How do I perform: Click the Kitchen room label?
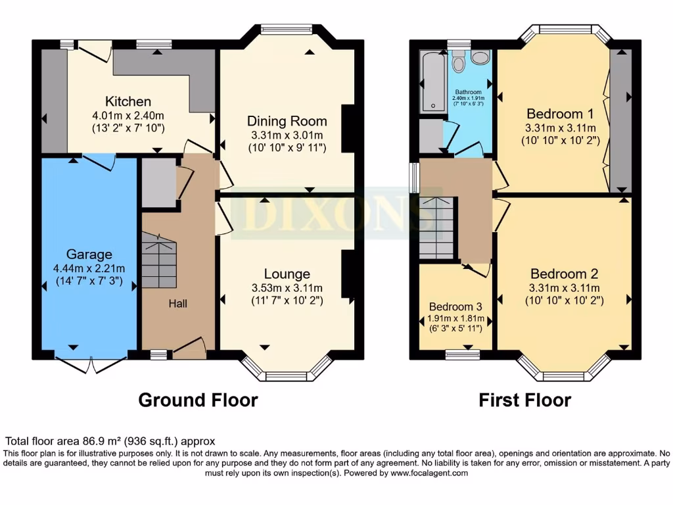coord(128,101)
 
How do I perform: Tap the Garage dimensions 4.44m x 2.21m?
coord(89,268)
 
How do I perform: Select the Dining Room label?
coord(287,121)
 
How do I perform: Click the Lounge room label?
coord(287,274)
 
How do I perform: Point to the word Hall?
coord(177,303)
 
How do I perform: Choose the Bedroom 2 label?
coord(564,274)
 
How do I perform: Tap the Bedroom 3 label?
coord(455,306)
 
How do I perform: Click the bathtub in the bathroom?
coord(431,82)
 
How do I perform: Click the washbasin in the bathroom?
coord(480,59)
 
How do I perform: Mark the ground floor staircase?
coord(158,263)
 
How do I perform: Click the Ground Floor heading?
coord(198,399)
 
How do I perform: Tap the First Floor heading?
coord(524,399)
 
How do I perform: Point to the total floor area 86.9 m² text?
coord(110,441)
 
